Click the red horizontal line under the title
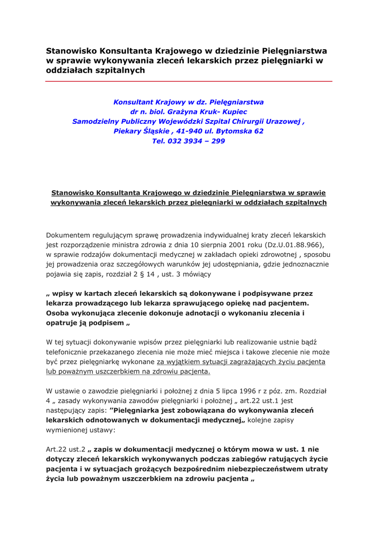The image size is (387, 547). coord(189,81)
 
